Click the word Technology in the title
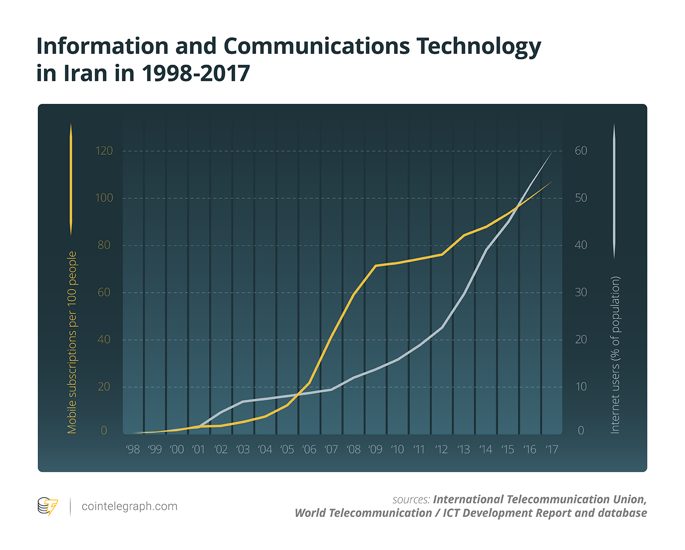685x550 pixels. tap(478, 47)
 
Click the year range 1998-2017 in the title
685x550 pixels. tap(196, 74)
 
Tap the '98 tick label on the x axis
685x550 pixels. tap(133, 449)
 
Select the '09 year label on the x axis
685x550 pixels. tap(375, 449)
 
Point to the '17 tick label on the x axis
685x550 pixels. tap(551, 449)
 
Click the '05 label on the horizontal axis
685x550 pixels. tap(287, 449)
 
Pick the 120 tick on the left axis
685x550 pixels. tap(104, 151)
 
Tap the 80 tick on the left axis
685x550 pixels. tap(104, 245)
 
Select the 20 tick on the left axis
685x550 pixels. tap(104, 387)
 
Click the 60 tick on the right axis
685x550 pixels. tap(581, 151)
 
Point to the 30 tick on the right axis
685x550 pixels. tap(581, 292)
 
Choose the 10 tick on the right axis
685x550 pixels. tap(581, 387)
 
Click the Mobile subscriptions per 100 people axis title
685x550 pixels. tap(72, 342)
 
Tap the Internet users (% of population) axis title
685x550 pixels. tap(615, 355)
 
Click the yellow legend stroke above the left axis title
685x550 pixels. tap(71, 179)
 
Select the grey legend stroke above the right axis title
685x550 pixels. tap(614, 191)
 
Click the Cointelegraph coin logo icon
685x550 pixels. tap(47, 507)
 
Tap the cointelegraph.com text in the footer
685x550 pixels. tap(129, 507)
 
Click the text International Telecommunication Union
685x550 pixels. tap(539, 499)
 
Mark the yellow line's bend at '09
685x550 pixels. tap(376, 266)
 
